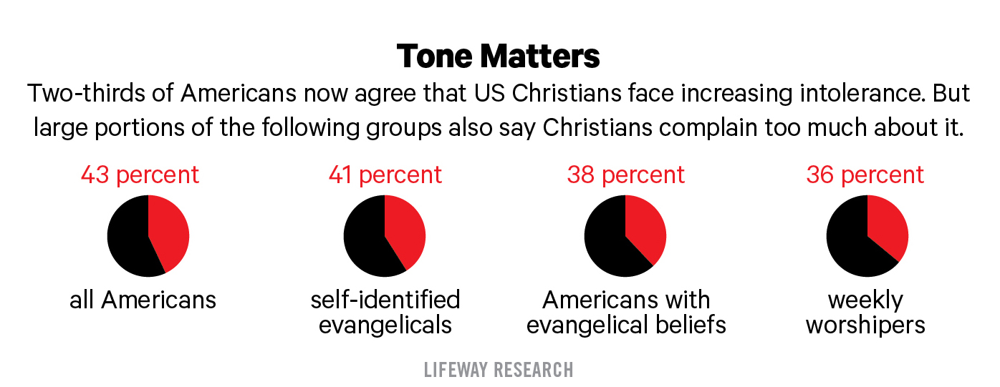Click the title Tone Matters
[499, 56]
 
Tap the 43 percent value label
[140, 175]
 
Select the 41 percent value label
[385, 175]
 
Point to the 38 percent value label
[626, 175]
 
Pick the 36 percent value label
[865, 175]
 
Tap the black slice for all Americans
[128, 240]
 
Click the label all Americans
[143, 299]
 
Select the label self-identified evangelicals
[385, 312]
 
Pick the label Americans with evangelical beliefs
[626, 312]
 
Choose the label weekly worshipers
[865, 312]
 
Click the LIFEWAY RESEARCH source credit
[499, 369]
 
